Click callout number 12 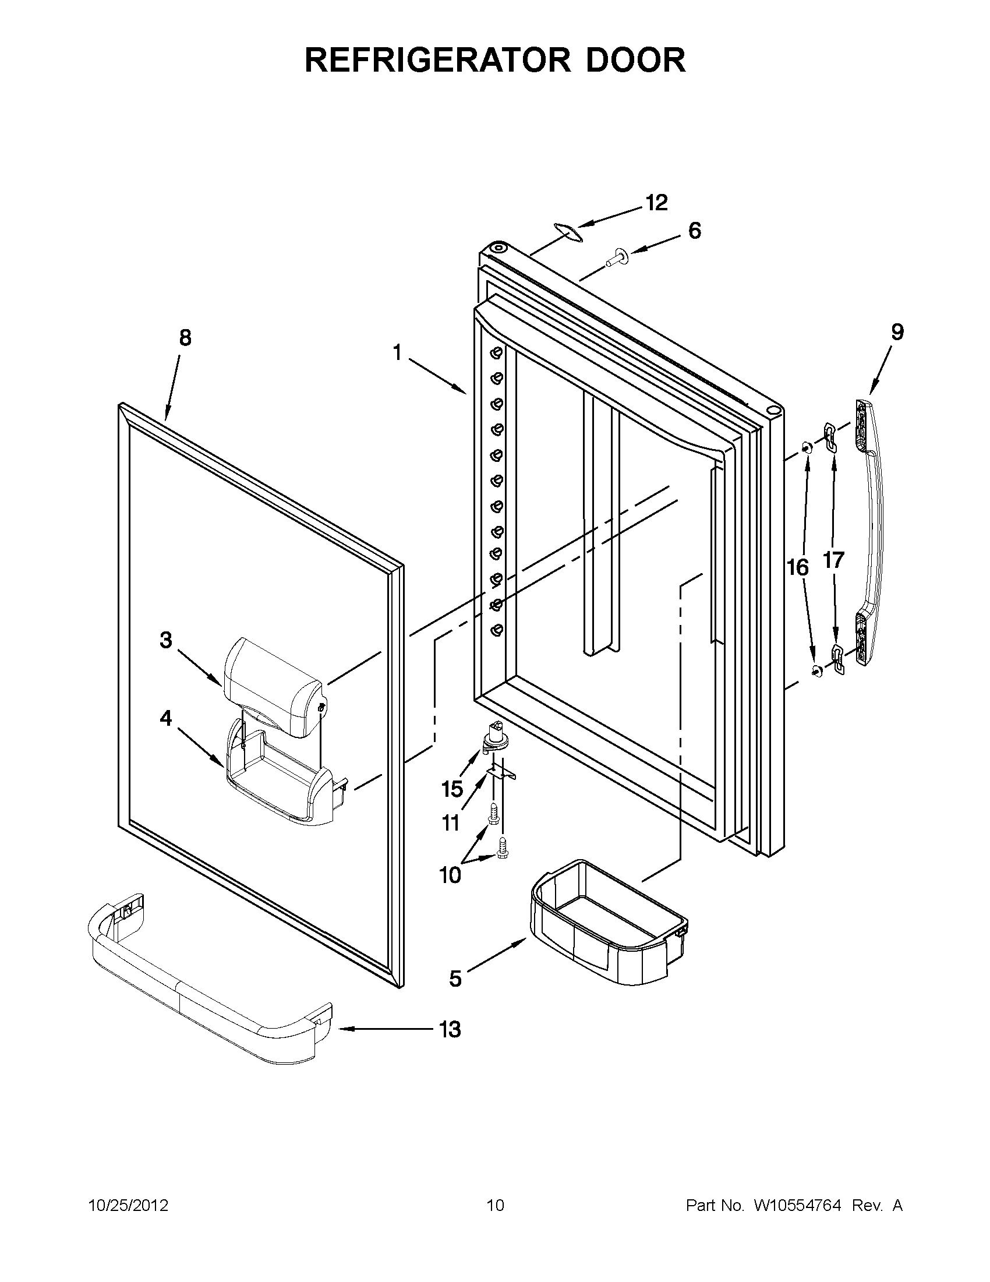(657, 203)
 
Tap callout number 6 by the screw (694, 231)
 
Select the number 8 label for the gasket (185, 338)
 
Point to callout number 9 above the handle (897, 332)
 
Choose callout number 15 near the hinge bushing (452, 789)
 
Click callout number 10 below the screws (450, 892)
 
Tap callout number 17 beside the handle (833, 560)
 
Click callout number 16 (798, 568)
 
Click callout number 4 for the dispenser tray (166, 718)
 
